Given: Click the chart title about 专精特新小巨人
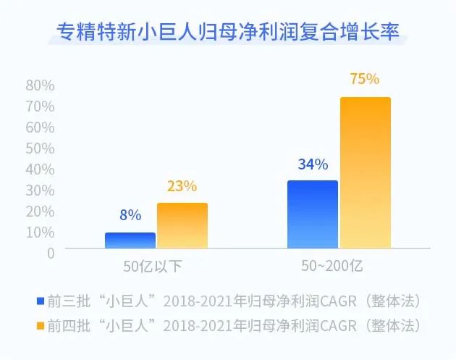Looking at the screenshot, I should (x=227, y=32).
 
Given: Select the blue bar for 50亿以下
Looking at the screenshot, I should (x=130, y=240).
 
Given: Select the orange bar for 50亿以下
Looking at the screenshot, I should (x=182, y=226).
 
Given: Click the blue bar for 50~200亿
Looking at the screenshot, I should (x=313, y=214).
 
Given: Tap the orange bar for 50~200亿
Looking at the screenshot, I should (x=366, y=173).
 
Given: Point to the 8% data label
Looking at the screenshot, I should (x=130, y=215).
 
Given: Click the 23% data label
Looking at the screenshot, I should (x=182, y=186).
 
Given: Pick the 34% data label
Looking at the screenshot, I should (x=313, y=164).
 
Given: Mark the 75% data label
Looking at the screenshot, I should (x=365, y=79).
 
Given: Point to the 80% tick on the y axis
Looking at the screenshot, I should (x=41, y=85).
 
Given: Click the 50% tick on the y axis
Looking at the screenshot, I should (x=41, y=148).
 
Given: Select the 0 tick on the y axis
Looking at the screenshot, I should (x=51, y=253).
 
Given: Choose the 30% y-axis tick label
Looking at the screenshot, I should (x=41, y=191).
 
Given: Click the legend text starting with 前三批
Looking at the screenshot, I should (x=235, y=300).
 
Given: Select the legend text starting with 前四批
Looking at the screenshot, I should (x=235, y=322).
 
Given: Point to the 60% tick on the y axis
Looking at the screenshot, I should (x=41, y=127).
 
